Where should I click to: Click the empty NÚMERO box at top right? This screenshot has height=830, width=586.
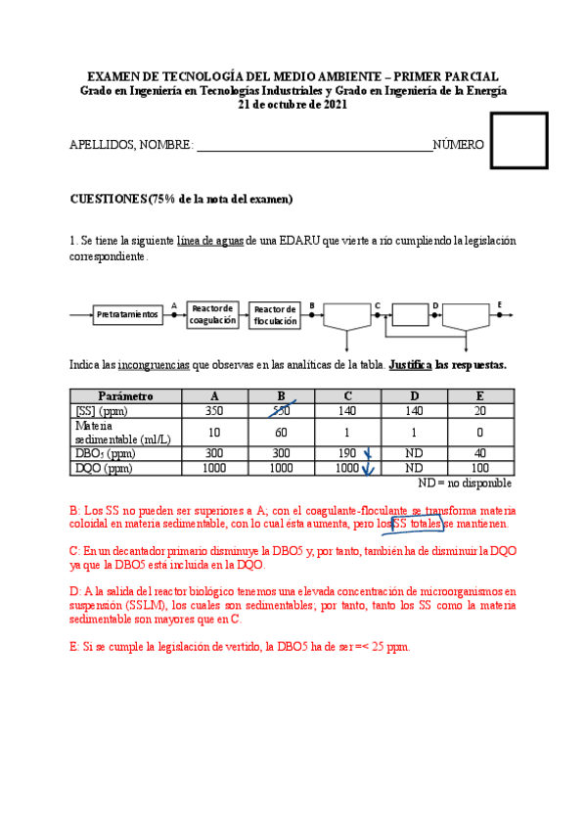(518, 140)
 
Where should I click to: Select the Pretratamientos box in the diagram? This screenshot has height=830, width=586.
(128, 314)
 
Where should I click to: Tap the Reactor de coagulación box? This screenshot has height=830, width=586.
(212, 314)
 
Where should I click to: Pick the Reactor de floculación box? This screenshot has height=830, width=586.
(275, 314)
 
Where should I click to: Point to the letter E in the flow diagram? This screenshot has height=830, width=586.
(499, 305)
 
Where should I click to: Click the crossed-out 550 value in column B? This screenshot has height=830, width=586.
(281, 411)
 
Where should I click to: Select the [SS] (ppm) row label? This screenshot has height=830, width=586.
(99, 411)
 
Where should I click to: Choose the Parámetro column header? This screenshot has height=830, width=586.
(126, 396)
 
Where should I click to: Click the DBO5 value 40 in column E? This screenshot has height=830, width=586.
(479, 454)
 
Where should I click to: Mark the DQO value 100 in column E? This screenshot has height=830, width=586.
(479, 469)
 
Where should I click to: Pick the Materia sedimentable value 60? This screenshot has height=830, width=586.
(281, 433)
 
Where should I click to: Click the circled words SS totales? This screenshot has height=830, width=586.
(418, 525)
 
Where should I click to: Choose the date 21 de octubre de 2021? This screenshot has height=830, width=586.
(293, 105)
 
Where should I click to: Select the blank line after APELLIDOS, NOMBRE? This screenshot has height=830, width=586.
(314, 147)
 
